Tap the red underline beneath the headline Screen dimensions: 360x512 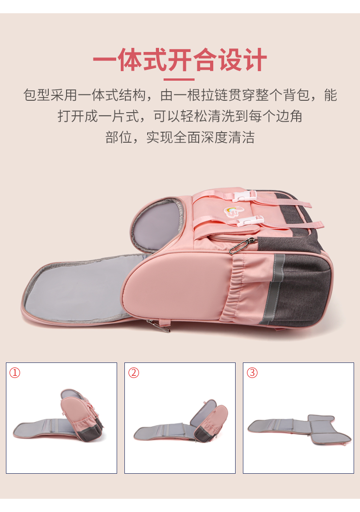[x=179, y=79]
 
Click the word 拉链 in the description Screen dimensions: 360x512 [x=214, y=95]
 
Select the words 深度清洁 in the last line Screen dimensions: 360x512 [x=227, y=137]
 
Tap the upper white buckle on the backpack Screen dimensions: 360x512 [x=245, y=196]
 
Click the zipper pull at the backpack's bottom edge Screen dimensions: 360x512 [x=159, y=326]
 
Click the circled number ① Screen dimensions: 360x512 [x=15, y=372]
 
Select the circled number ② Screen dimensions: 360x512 [x=134, y=372]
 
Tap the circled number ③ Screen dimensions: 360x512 [x=252, y=372]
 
